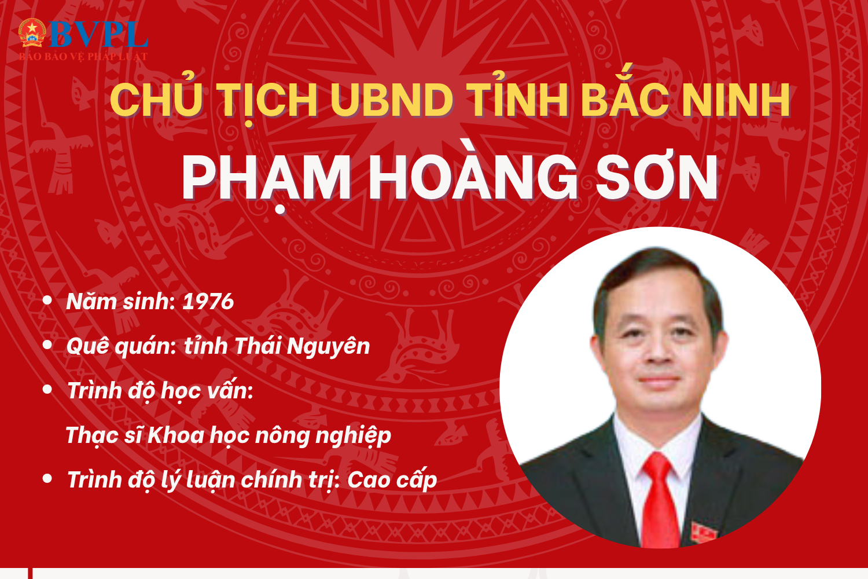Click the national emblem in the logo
click(x=32, y=32)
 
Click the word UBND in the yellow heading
click(x=392, y=100)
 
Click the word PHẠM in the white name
click(x=267, y=178)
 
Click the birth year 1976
click(x=208, y=302)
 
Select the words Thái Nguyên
click(x=302, y=346)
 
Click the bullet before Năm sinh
click(x=47, y=301)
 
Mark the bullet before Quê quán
click(x=47, y=345)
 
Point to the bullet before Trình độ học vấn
click(x=47, y=390)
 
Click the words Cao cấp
click(x=392, y=481)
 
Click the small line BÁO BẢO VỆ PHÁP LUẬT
click(x=83, y=57)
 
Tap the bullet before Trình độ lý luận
click(x=47, y=479)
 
